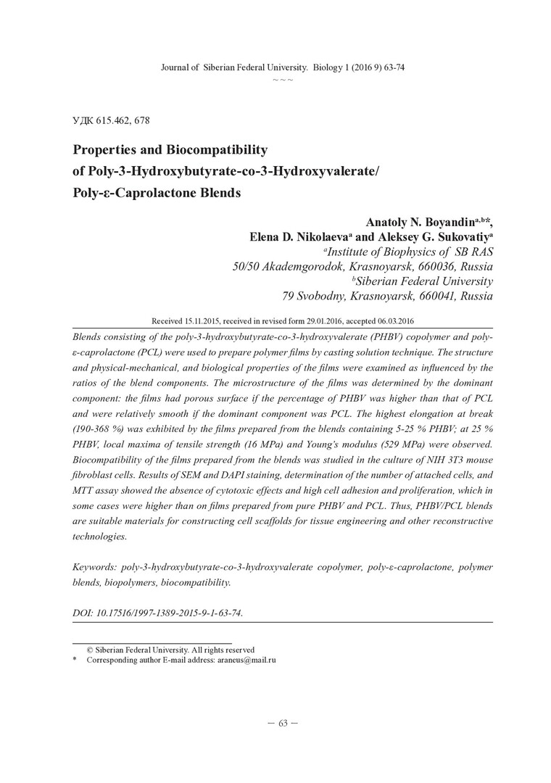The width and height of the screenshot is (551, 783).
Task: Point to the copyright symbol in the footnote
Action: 90,650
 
